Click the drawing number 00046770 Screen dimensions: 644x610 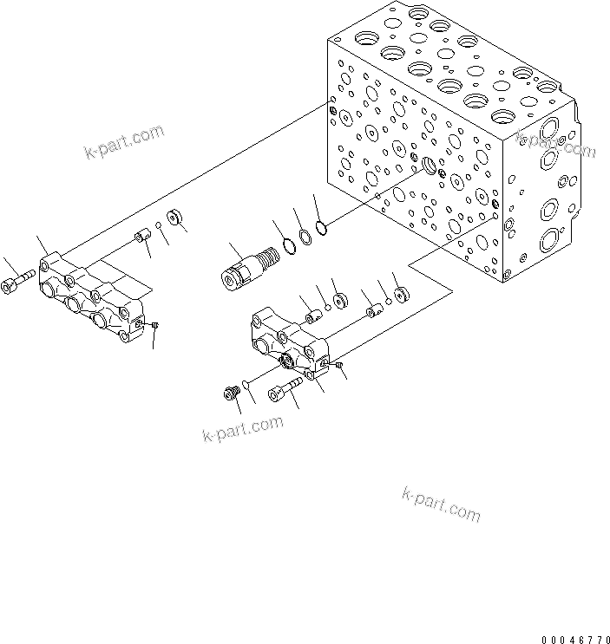(x=575, y=639)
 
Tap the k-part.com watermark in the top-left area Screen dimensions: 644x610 (x=124, y=143)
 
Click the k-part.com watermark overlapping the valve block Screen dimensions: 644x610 (x=554, y=144)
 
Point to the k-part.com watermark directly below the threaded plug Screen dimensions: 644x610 (x=242, y=429)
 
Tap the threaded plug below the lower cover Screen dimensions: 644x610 (x=231, y=394)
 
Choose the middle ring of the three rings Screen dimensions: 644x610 (x=305, y=237)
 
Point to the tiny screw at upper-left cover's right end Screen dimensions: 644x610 (x=153, y=326)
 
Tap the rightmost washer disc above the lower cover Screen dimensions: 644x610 (x=400, y=296)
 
